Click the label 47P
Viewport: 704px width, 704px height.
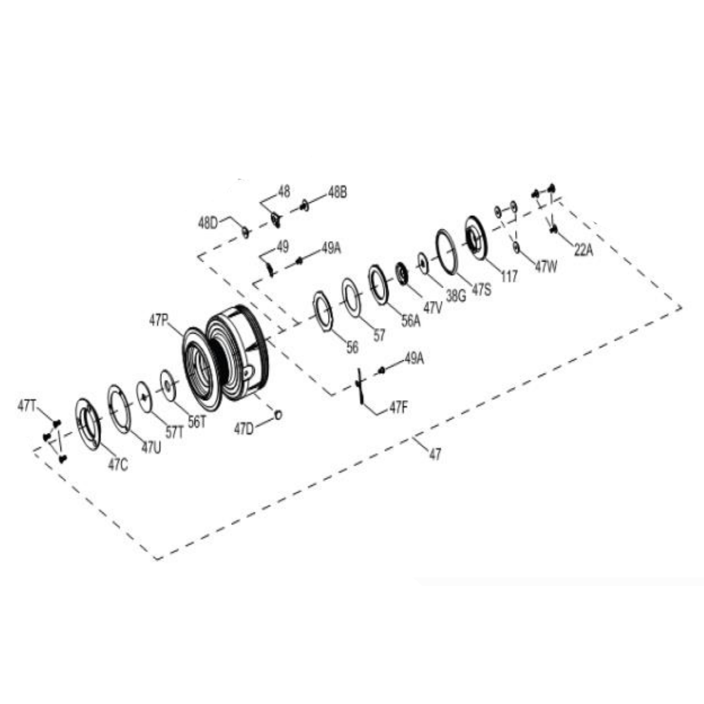click(158, 321)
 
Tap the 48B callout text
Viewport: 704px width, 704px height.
click(337, 193)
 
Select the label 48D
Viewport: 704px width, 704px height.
click(208, 223)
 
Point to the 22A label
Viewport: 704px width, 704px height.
click(583, 250)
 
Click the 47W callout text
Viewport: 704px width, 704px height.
click(546, 267)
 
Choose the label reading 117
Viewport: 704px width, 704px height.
click(509, 276)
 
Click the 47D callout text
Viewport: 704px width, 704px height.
click(243, 429)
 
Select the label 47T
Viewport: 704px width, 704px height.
click(26, 406)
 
